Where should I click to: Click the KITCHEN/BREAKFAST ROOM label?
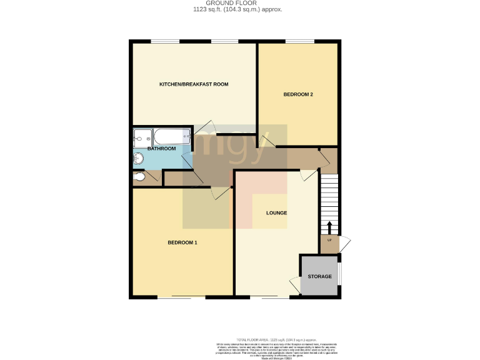[193, 84]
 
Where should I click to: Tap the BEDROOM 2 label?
[298, 94]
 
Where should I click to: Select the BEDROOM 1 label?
[182, 242]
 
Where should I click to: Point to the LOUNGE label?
[276, 213]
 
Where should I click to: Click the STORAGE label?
[319, 276]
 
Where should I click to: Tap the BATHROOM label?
[161, 149]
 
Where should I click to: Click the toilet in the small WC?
[140, 178]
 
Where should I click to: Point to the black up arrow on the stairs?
[330, 226]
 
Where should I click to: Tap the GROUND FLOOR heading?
[239, 4]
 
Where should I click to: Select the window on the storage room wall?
[340, 275]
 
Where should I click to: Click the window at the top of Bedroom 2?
[300, 41]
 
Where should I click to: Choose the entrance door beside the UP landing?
[346, 243]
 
